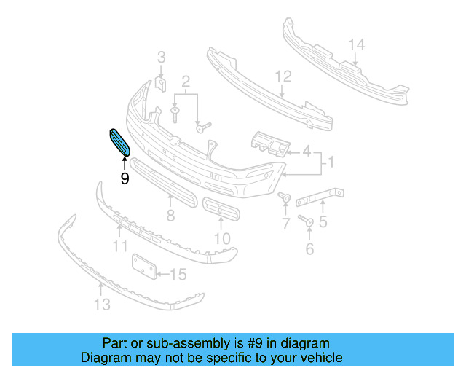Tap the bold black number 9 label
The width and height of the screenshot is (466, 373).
click(125, 178)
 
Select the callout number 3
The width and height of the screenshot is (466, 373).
click(162, 57)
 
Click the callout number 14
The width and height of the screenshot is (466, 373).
click(355, 46)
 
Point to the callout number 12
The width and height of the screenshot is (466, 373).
click(283, 76)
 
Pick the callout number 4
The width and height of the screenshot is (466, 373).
click(306, 152)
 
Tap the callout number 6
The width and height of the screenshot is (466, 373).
click(309, 250)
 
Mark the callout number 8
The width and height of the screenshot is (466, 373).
click(170, 216)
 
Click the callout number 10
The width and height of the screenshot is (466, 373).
click(221, 238)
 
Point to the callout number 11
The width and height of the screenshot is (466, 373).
click(120, 247)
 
